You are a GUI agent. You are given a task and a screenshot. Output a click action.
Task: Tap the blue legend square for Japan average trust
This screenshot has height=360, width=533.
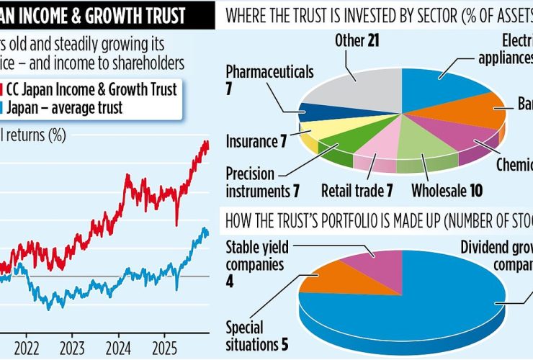3,109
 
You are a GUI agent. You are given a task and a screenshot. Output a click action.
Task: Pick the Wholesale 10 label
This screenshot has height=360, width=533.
446,191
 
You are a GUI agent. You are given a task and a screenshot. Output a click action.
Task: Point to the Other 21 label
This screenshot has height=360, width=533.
357,40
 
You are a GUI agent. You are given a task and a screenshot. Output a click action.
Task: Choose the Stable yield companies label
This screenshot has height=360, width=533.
257,256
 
